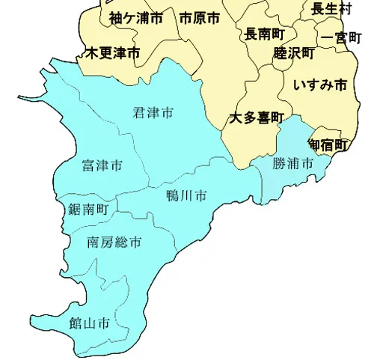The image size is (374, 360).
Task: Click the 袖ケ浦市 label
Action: [135, 18]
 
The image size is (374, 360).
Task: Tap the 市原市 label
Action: [200, 18]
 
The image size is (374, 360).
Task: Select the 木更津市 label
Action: [112, 53]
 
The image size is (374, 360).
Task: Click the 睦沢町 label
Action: [294, 53]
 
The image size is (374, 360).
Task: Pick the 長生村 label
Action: [331, 9]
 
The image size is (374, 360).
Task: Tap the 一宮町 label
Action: [340, 37]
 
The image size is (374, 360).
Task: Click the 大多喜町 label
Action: [256, 118]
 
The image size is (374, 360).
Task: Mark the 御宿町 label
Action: [328, 144]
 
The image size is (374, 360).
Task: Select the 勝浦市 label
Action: [292, 162]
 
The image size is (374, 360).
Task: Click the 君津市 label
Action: [153, 113]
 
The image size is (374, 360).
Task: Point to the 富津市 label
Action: [102, 165]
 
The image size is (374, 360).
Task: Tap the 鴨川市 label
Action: [186, 196]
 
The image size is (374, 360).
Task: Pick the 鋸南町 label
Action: [88, 209]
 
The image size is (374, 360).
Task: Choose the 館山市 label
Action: [89, 323]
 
